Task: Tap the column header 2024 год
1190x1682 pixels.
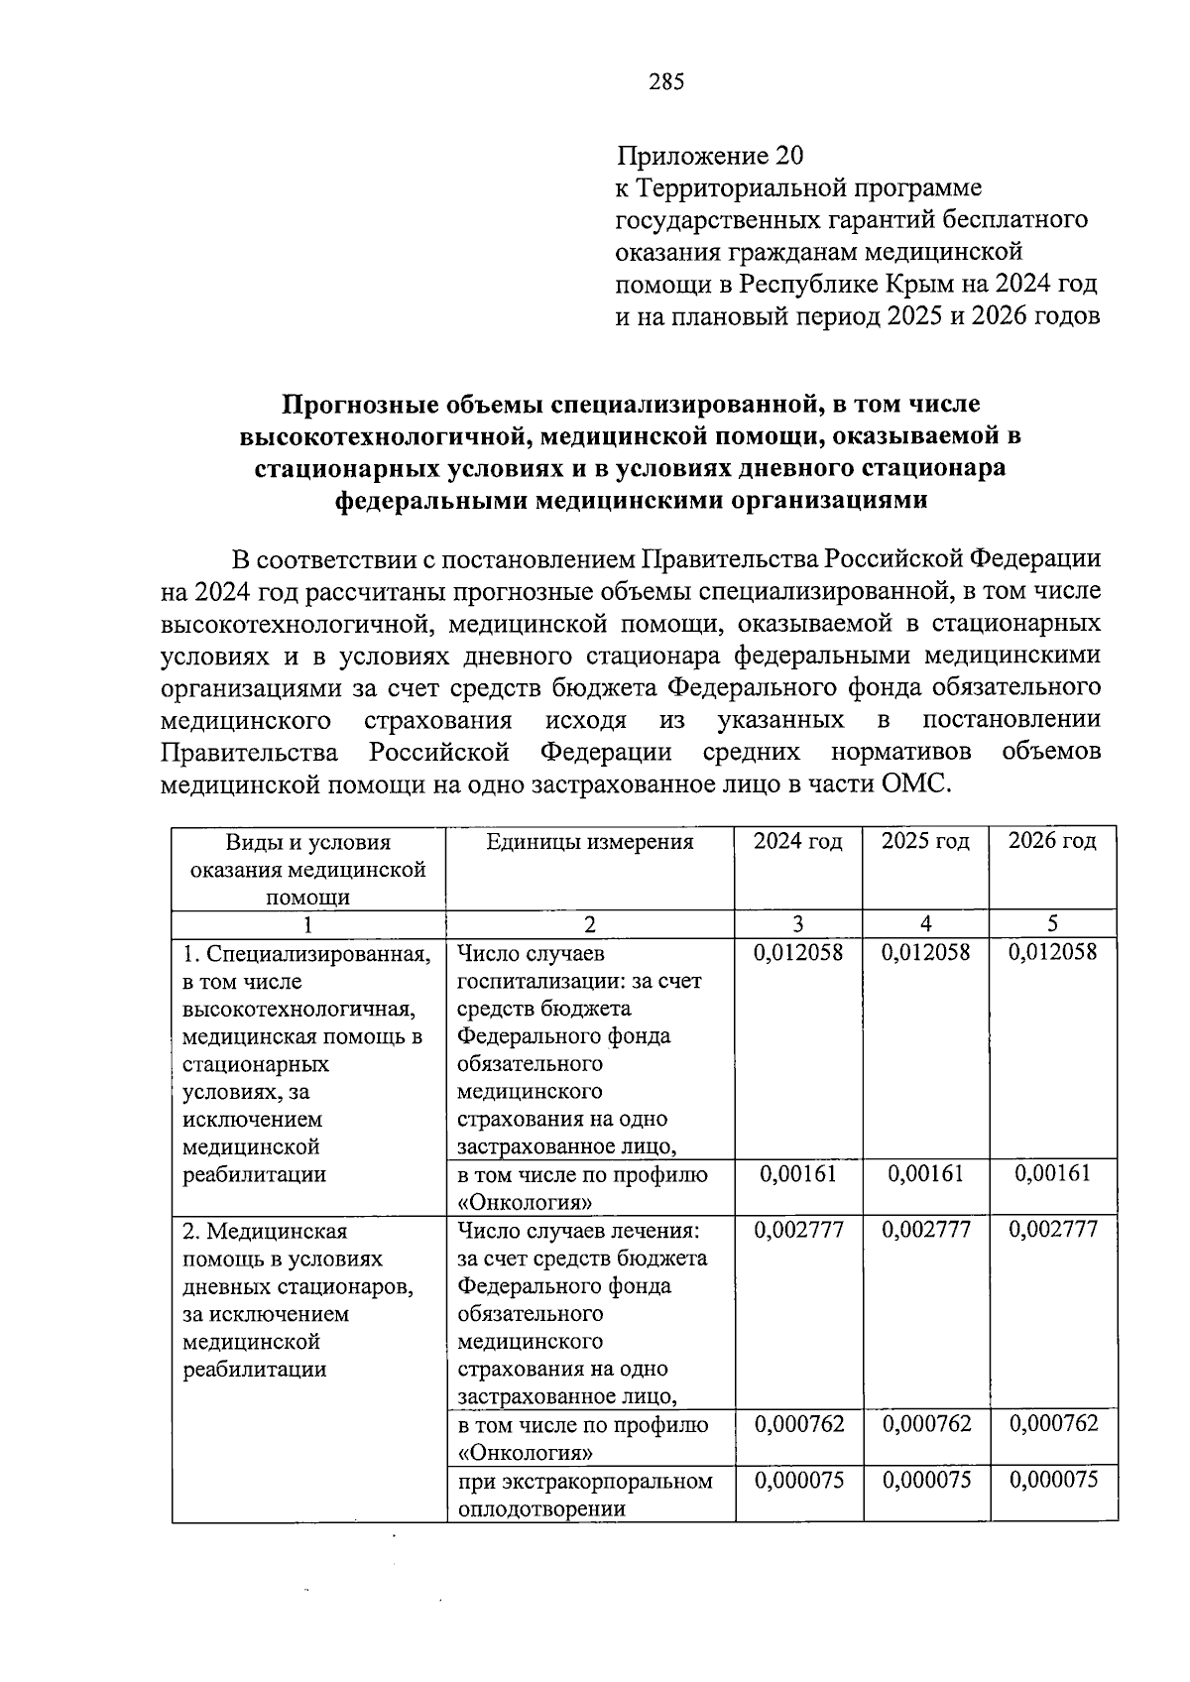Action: tap(797, 842)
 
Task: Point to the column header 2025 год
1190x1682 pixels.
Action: tap(925, 842)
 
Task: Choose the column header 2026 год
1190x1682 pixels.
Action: tap(1052, 842)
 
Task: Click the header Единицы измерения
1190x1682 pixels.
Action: tap(590, 842)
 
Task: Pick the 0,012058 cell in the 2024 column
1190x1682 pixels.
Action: tap(798, 952)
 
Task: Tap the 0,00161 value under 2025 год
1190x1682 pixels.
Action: tap(925, 1174)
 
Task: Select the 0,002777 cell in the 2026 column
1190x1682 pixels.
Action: tap(1053, 1230)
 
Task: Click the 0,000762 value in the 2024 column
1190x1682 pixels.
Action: tap(798, 1424)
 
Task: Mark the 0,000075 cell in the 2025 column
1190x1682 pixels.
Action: tap(925, 1480)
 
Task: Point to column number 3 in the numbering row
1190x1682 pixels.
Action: tap(798, 924)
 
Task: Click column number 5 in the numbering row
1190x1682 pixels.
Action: tap(1053, 924)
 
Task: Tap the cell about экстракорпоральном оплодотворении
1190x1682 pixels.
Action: tap(585, 1495)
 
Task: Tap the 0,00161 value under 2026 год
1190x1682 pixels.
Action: tap(1053, 1174)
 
